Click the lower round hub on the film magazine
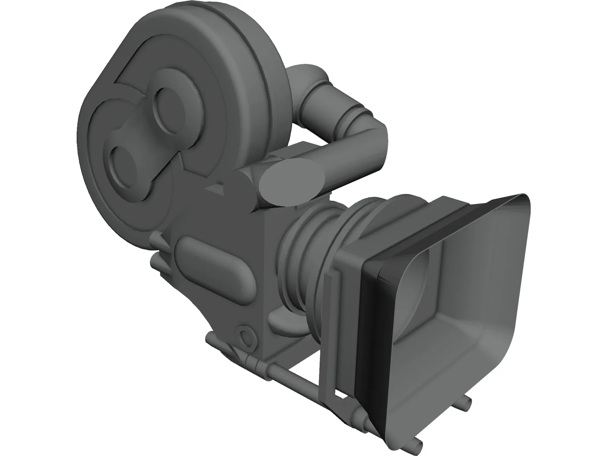[124, 164]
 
